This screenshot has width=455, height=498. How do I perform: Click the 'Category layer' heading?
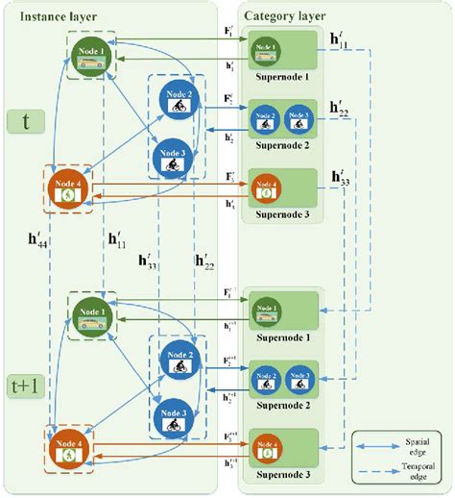[285, 16]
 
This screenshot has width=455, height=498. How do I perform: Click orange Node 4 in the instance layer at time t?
[67, 189]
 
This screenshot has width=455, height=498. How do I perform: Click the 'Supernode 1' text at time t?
[280, 77]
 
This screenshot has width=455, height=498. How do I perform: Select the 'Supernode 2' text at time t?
[280, 146]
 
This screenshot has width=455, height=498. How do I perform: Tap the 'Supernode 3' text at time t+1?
[280, 474]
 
